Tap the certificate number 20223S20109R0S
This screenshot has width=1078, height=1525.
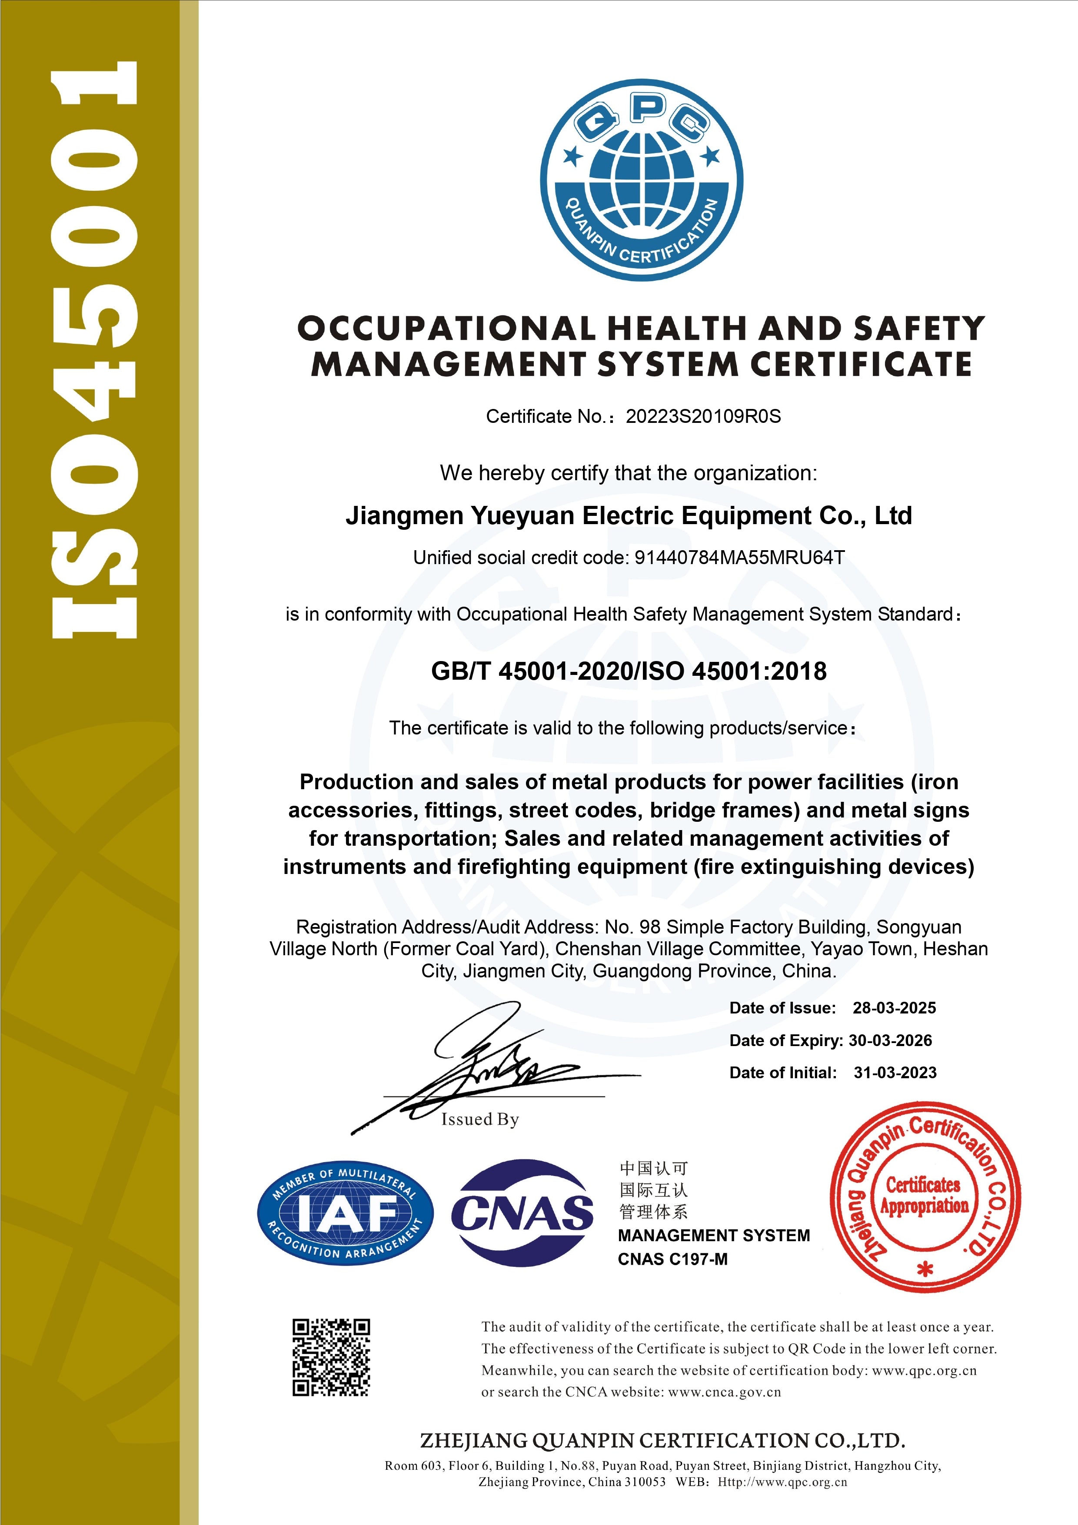click(x=703, y=416)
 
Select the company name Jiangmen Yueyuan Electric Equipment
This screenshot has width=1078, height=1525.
click(x=629, y=516)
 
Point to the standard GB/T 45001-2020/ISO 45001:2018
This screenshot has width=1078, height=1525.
click(x=629, y=671)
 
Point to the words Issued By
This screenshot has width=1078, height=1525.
click(x=479, y=1120)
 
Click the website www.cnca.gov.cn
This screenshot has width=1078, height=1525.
click(x=725, y=1392)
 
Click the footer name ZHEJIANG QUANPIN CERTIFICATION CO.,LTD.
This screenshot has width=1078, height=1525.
click(x=662, y=1441)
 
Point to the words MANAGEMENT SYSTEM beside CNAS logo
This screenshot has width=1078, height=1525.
click(x=713, y=1236)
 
